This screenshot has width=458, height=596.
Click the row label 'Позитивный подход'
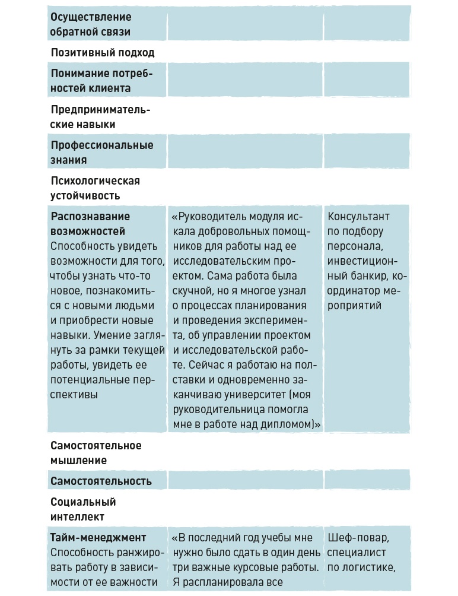103,53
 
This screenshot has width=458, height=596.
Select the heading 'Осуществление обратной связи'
91,24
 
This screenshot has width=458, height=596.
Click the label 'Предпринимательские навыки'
100,117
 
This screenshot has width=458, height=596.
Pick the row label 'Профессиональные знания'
102,153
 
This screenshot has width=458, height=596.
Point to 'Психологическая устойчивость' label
95,188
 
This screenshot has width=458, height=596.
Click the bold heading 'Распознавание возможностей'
90,223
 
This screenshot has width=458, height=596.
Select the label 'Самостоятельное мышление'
96,452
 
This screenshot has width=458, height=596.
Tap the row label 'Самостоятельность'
101,481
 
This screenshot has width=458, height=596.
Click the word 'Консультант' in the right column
359,217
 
